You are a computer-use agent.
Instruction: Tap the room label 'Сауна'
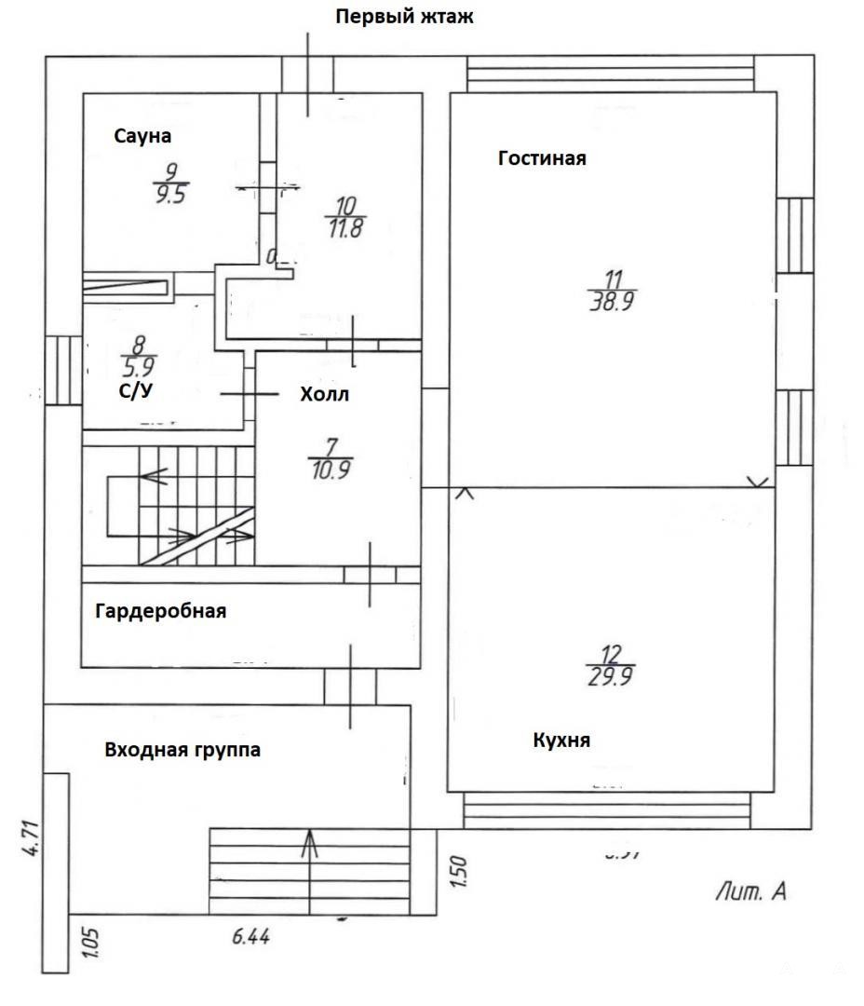pos(142,136)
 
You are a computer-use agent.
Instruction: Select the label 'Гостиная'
pos(542,157)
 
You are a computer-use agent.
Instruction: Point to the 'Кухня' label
pos(561,741)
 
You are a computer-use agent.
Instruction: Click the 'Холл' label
pos(324,394)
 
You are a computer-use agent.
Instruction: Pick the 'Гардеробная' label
pos(160,611)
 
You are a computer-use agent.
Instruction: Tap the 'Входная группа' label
pos(182,749)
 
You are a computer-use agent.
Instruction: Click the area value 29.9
pos(611,678)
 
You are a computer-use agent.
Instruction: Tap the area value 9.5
pos(170,197)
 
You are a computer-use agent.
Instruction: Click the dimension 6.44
pos(250,938)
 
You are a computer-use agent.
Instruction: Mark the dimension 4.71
pos(31,837)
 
